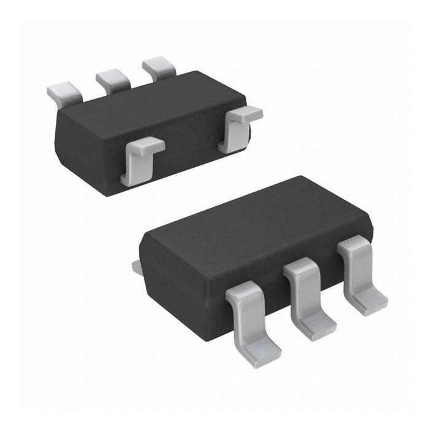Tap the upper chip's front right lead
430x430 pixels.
240,126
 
